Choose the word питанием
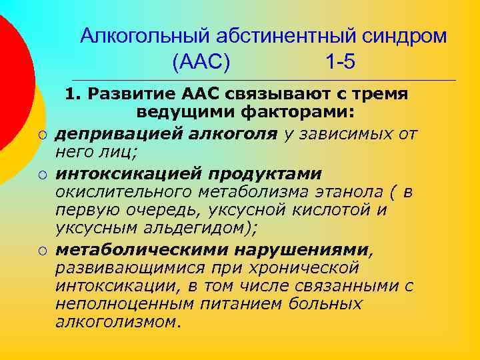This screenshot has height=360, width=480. point(244,304)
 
